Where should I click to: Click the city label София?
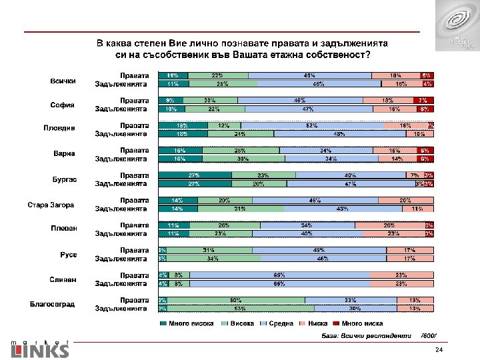pos(63,105)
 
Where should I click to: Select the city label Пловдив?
pos(64,129)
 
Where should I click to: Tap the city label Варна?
pos(64,155)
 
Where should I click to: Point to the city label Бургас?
pos(65,180)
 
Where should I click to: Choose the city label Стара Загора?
pos(50,205)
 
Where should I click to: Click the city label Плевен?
pos(64,229)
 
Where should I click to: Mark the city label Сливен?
pos(64,279)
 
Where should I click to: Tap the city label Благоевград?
pos(52,305)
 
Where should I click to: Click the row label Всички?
pos(63,81)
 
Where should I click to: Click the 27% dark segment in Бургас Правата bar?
pos(195,175)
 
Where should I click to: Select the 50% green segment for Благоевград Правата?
pos(236,300)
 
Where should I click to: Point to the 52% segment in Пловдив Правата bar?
pos(312,125)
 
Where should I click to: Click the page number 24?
pos(439,350)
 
